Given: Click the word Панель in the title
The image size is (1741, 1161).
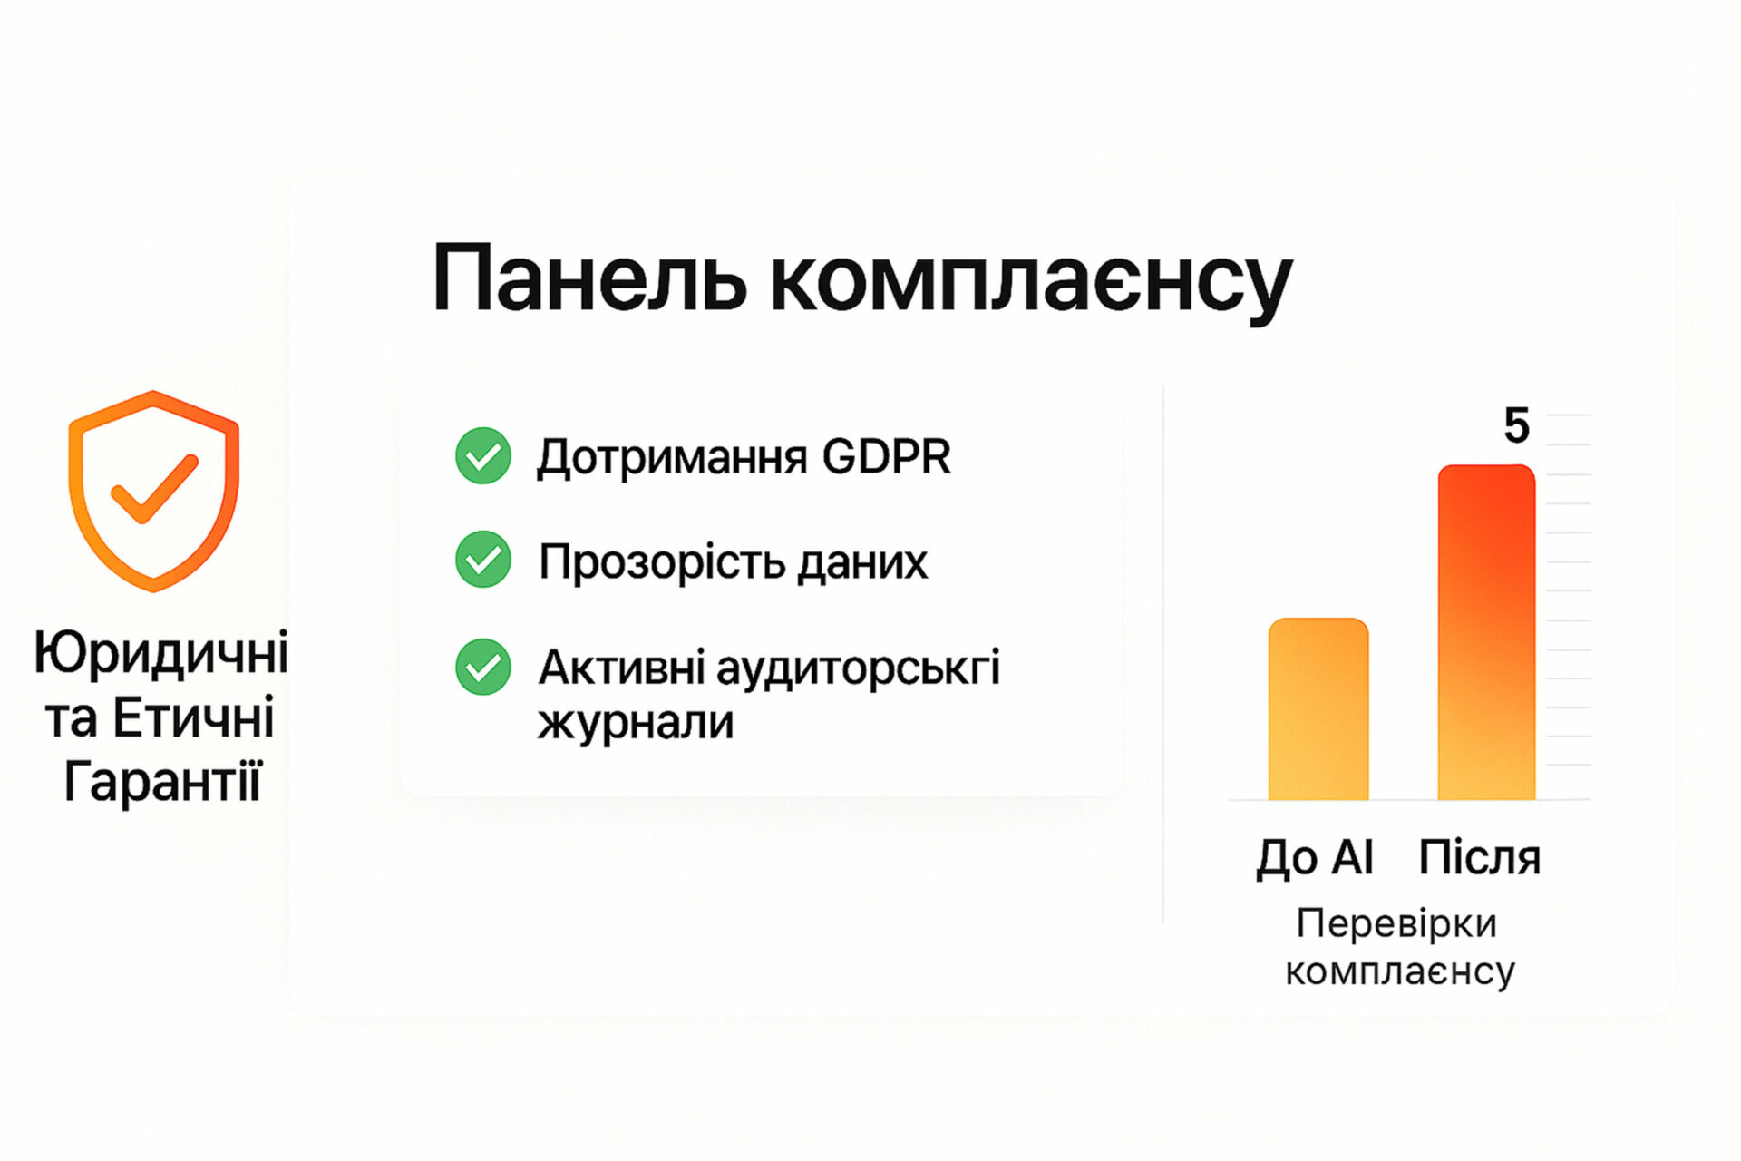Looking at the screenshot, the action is pyautogui.click(x=590, y=278).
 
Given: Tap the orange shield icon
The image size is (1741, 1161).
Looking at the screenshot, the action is pyautogui.click(x=153, y=491).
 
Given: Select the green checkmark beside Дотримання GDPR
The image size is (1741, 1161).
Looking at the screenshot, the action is pyautogui.click(x=483, y=455).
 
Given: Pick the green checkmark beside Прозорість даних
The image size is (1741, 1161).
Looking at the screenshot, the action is pyautogui.click(x=483, y=560).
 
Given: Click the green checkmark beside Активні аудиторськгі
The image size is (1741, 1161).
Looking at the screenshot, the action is pyautogui.click(x=483, y=667).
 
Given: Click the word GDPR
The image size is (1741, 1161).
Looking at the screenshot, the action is pyautogui.click(x=886, y=456).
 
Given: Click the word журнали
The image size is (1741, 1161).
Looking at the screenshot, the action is pyautogui.click(x=636, y=723).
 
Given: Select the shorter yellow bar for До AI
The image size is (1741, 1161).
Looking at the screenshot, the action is pyautogui.click(x=1318, y=708).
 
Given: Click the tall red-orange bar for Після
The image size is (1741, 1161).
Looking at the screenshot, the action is pyautogui.click(x=1486, y=632).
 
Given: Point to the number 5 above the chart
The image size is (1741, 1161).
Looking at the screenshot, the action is pyautogui.click(x=1517, y=425).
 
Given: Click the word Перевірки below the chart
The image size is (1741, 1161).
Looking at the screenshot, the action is pyautogui.click(x=1396, y=924).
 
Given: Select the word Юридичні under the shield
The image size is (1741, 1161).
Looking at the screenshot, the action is pyautogui.click(x=161, y=653).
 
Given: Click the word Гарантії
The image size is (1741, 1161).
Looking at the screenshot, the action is pyautogui.click(x=162, y=780).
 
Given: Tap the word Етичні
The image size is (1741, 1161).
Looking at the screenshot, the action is pyautogui.click(x=193, y=717).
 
